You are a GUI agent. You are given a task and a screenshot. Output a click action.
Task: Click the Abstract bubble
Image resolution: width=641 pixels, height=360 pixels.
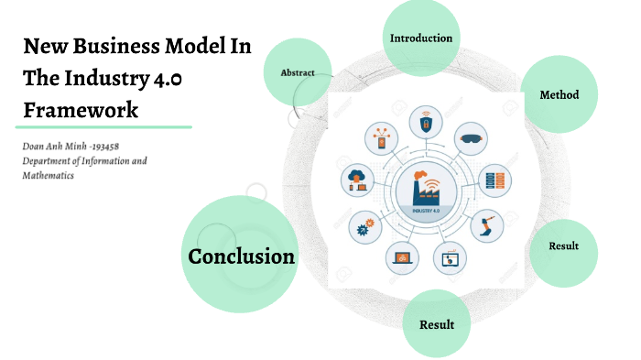pos(297,72)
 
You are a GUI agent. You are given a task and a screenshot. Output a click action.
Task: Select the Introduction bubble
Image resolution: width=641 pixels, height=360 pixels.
pos(420,38)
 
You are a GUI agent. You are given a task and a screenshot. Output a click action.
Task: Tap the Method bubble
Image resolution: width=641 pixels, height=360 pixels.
pos(559,95)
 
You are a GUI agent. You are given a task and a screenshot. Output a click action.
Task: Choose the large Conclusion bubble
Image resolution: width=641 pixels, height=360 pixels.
pos(242,256)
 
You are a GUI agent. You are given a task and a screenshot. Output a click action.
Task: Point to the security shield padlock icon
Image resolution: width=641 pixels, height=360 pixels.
pos(426,119)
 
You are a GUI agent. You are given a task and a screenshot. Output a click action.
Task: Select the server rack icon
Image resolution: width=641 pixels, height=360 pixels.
pos(494,179)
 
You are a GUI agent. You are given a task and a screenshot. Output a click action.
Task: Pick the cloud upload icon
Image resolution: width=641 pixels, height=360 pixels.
pos(357,180)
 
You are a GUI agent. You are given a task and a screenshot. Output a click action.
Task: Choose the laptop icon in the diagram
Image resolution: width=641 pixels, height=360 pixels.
pos(402,257)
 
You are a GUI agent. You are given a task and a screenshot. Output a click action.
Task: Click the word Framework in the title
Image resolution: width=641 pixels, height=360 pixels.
pos(81,110)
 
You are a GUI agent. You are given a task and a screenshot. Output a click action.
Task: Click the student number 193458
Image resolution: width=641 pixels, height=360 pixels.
pos(125,147)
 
